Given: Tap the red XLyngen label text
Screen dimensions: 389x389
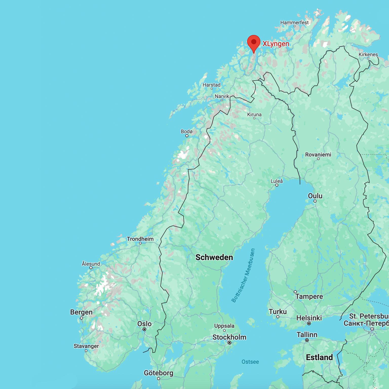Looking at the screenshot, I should point(276,44).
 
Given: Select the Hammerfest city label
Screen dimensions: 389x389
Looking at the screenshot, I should point(294,23).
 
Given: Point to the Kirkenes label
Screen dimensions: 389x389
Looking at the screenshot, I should point(368,54).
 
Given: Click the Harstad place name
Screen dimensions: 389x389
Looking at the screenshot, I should point(211,85).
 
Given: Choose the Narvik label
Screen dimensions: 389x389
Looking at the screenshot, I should point(222,96).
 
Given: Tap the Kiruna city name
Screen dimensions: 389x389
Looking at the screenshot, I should point(254,114).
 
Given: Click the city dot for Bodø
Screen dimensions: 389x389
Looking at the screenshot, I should point(187,136).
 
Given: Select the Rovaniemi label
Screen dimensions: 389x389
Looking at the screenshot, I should point(318,154).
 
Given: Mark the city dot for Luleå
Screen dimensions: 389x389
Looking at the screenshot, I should point(277,185).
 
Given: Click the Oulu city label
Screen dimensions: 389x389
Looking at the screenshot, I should point(315,196).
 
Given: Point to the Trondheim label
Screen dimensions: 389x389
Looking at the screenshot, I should point(140,239).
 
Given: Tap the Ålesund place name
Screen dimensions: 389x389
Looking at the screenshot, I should point(91,264).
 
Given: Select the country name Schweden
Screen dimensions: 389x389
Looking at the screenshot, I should point(214,257).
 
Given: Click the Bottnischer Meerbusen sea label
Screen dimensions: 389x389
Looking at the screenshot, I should point(243,276).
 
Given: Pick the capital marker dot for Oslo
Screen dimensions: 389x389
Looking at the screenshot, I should point(144,329).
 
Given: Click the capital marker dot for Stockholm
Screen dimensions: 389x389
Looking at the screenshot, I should point(229,343).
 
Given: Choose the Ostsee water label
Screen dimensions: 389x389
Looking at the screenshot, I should point(250,362).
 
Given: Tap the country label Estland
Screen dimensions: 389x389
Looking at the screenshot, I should point(319,357).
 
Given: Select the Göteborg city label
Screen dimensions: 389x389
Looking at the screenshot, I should point(159,373).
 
